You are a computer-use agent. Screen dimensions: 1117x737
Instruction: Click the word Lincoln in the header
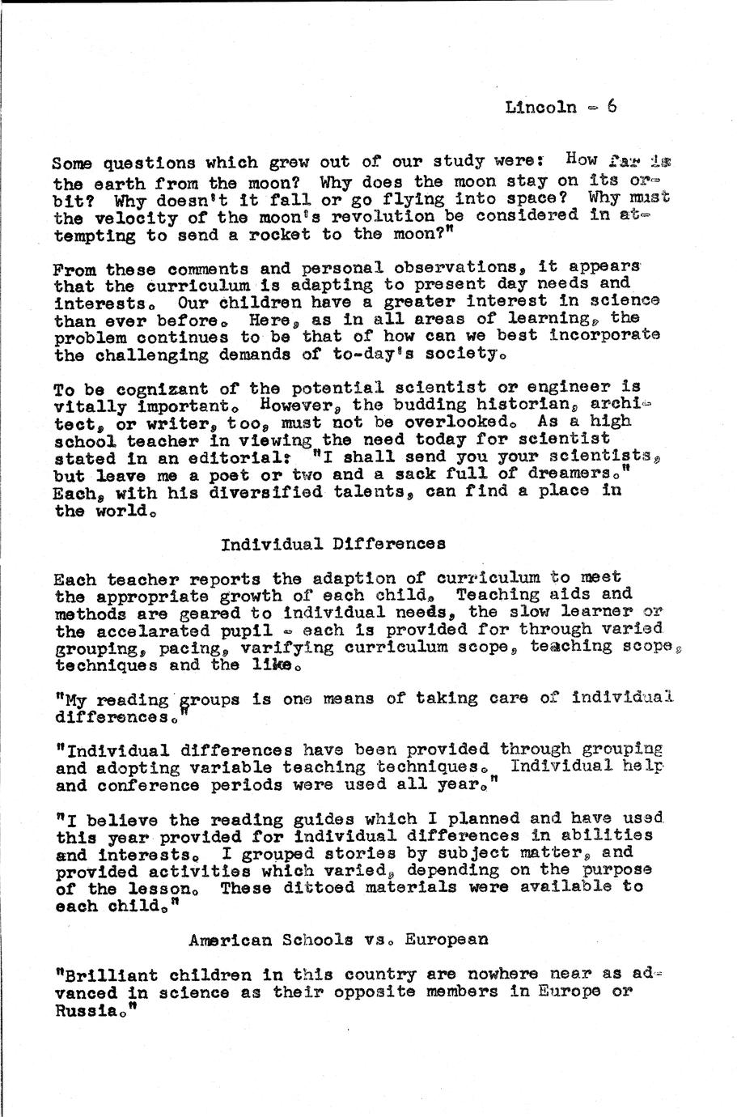[540, 107]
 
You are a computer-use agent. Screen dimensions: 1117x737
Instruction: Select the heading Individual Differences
[332, 544]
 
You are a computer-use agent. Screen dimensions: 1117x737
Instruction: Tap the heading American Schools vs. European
[338, 940]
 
